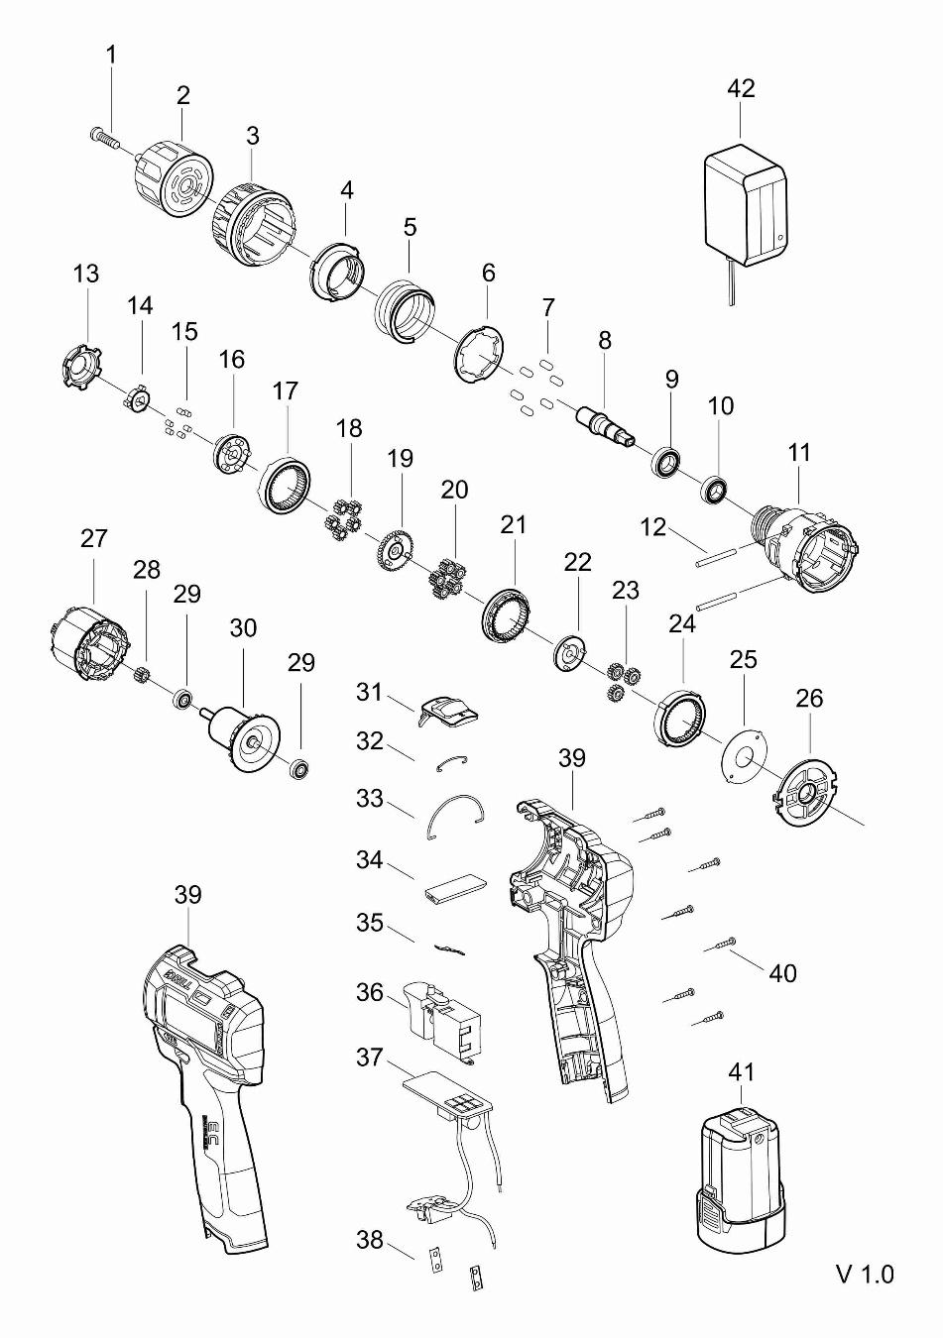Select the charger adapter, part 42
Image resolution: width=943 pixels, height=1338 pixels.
(744, 204)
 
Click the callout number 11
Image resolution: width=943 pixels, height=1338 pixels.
(799, 453)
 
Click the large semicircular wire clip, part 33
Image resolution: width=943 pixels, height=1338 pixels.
(455, 814)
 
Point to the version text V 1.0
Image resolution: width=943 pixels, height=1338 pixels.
(866, 1273)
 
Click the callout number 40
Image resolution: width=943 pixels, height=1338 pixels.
(782, 973)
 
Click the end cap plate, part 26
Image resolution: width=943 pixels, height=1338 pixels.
(805, 792)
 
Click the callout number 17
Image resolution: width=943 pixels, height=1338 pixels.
(285, 391)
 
